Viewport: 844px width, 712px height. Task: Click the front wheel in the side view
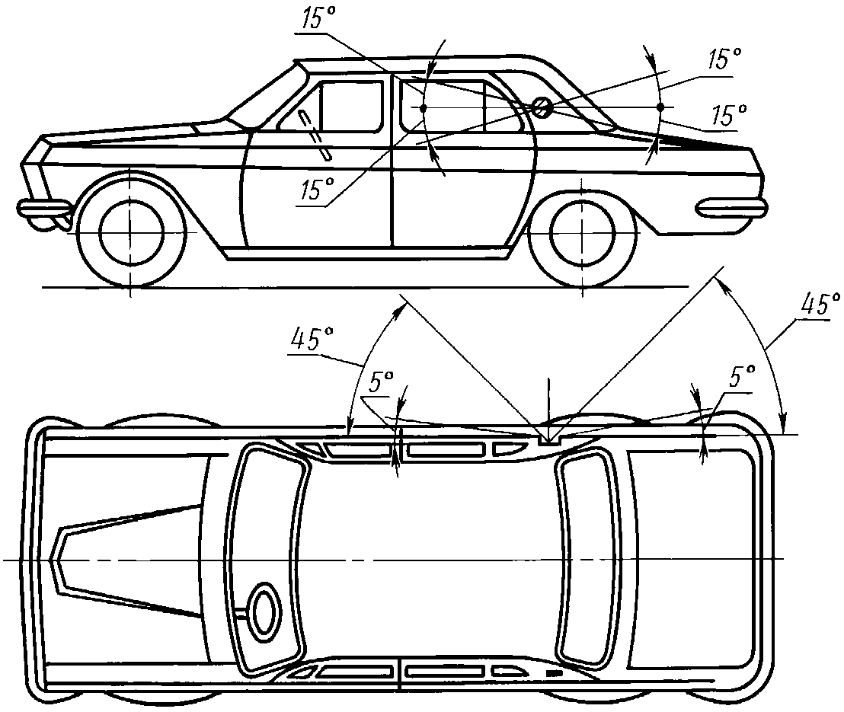[x=130, y=232]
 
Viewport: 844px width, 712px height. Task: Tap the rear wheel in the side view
[x=583, y=232]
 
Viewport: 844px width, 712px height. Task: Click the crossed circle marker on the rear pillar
[x=542, y=106]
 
